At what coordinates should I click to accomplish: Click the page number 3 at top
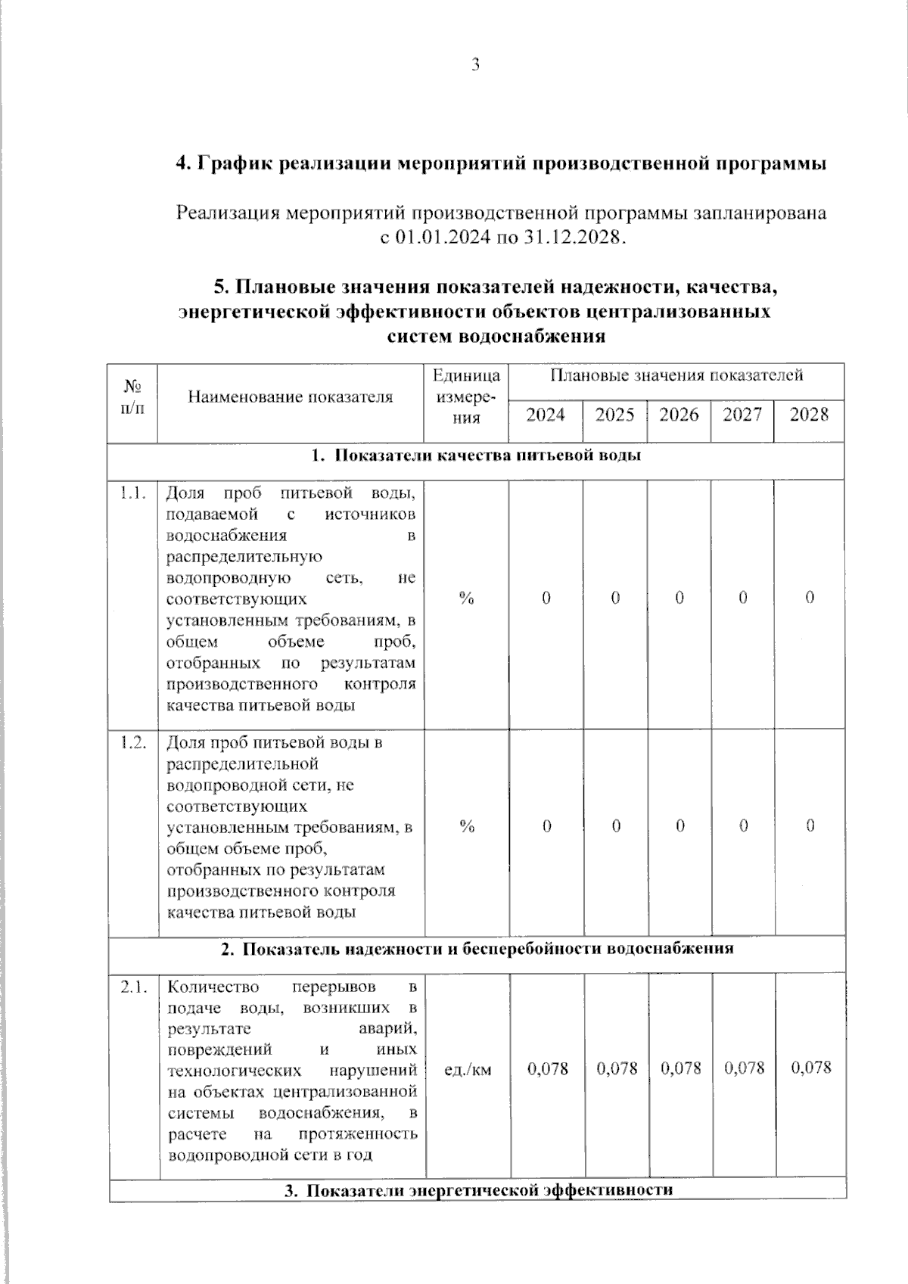coord(476,65)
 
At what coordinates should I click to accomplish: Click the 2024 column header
coord(546,415)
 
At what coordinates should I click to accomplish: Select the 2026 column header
coord(679,415)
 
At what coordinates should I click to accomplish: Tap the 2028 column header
coord(809,415)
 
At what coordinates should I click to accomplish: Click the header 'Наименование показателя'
coord(291,396)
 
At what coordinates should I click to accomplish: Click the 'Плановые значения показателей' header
coord(676,375)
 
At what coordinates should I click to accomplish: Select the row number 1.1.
coord(132,494)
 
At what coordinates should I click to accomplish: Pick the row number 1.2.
coord(132,742)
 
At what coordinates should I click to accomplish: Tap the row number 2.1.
coord(133,987)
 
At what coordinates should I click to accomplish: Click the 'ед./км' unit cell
coord(467,1070)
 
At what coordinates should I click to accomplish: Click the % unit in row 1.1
coord(467,598)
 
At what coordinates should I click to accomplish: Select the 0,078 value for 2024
coord(547,1068)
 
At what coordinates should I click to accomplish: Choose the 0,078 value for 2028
coord(810,1068)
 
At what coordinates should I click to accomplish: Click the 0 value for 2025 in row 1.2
coord(616,826)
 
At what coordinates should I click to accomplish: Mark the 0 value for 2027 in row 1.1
coord(743,598)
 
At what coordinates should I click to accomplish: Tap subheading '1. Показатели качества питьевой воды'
coord(477,455)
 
